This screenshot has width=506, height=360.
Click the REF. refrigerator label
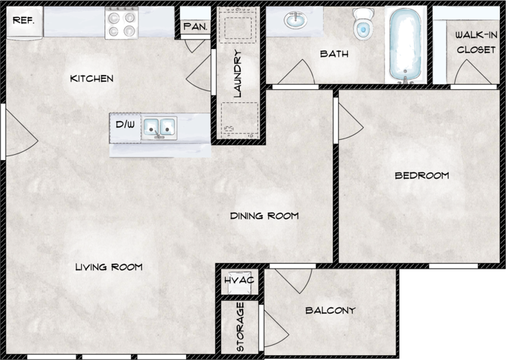coord(23,20)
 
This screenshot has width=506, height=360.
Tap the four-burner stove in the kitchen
coord(121,24)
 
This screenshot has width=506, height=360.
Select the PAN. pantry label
coord(195,27)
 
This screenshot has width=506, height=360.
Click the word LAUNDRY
coord(237,74)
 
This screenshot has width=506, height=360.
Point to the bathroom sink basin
coord(295,20)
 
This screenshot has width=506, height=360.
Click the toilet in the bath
coord(363,24)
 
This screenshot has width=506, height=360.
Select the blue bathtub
coord(405,44)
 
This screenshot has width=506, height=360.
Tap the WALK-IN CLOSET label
coord(476,42)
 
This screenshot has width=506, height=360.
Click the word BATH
coord(334,54)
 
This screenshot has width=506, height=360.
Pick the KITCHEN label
coord(91,78)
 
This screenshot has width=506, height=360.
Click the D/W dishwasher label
coord(125,124)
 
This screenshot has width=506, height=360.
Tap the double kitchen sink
coord(160,127)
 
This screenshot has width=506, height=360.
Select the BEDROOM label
coord(421,175)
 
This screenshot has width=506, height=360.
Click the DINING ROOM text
coord(265,215)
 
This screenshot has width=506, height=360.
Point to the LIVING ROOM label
coord(108,267)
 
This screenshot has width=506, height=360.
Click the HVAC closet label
coord(239,280)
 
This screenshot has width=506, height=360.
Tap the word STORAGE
coord(240,327)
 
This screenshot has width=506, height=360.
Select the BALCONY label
coord(331,310)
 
